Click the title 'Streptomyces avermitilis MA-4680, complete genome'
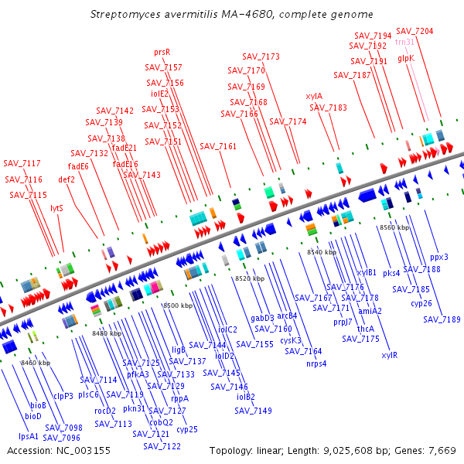tap(231, 14)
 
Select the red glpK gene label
tap(406, 58)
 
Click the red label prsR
tap(162, 52)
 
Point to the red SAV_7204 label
tap(415, 31)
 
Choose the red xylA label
tap(314, 96)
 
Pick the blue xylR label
tap(390, 355)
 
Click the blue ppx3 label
tap(439, 257)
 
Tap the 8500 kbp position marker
tap(177, 306)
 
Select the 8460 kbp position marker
tap(35, 362)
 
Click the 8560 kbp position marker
tap(394, 227)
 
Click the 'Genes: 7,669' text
tap(431, 450)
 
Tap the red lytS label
tap(56, 208)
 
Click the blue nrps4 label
tap(316, 363)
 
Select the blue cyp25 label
tap(187, 429)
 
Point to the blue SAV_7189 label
tap(442, 319)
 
